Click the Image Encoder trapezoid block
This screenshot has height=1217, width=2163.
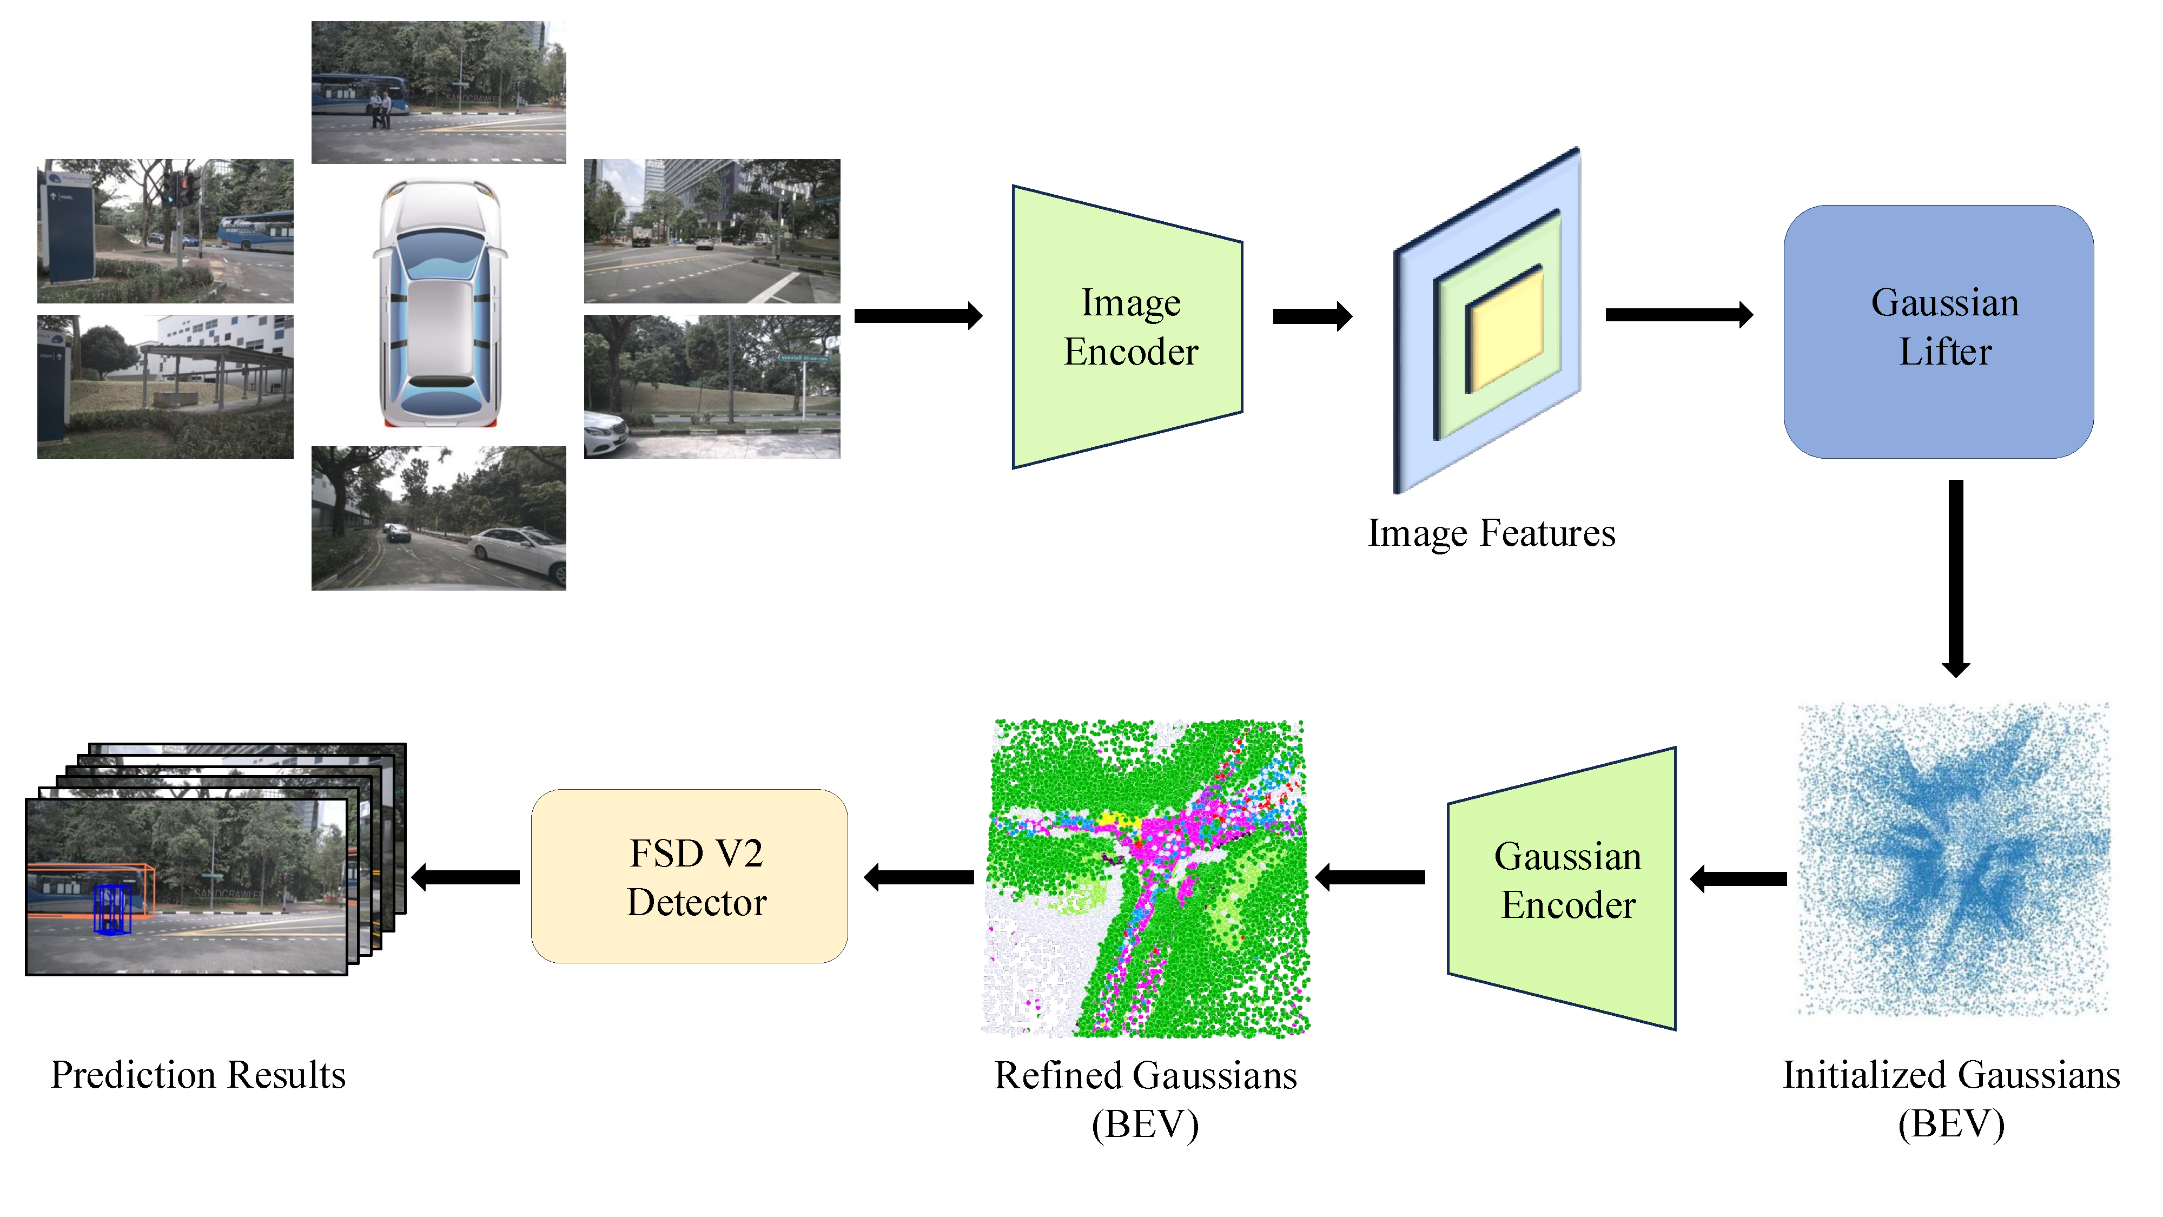tap(1128, 328)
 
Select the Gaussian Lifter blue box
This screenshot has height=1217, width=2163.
tap(1938, 332)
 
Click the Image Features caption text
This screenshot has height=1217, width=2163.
tap(1491, 532)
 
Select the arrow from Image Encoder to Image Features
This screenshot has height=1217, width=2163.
tap(1312, 316)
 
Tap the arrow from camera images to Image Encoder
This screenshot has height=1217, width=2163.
tap(917, 316)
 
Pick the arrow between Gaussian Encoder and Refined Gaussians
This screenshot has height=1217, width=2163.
tap(1371, 877)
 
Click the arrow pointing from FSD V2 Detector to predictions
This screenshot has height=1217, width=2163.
tap(466, 877)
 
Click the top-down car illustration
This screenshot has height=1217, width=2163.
tap(440, 304)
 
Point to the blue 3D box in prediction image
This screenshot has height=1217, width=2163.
tap(111, 909)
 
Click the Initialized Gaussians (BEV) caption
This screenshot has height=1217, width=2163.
tap(1950, 1098)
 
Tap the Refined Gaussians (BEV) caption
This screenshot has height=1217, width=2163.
tap(1145, 1098)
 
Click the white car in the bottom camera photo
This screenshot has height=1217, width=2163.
tap(519, 551)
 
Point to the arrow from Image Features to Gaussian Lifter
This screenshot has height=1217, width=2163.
tap(1678, 315)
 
